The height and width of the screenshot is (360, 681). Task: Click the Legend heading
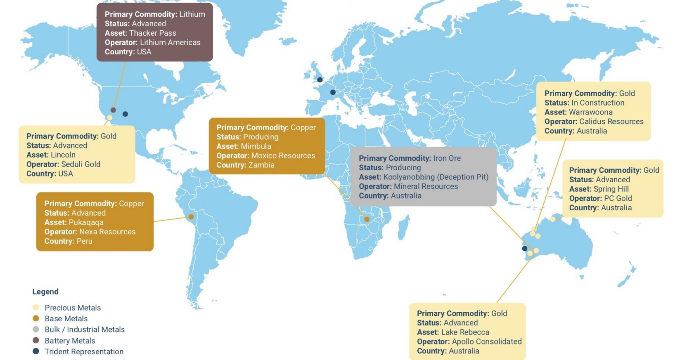pyautogui.click(x=45, y=292)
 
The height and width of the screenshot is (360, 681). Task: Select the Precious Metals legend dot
pyautogui.click(x=36, y=307)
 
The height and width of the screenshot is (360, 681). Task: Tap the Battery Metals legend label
pyautogui.click(x=70, y=341)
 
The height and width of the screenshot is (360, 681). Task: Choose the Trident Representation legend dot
pyautogui.click(x=36, y=352)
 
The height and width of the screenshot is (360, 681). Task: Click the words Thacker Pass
pyautogui.click(x=152, y=33)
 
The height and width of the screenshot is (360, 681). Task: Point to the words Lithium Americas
pyautogui.click(x=170, y=42)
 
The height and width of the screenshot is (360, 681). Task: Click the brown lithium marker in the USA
pyautogui.click(x=113, y=110)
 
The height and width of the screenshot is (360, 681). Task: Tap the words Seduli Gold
pyautogui.click(x=81, y=164)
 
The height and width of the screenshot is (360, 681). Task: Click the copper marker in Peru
pyautogui.click(x=191, y=217)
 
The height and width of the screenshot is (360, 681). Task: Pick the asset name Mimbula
pyautogui.click(x=256, y=146)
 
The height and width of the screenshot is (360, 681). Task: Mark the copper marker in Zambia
pyautogui.click(x=367, y=219)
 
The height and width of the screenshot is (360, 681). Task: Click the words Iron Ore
pyautogui.click(x=447, y=158)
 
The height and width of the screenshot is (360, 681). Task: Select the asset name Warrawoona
pyautogui.click(x=591, y=112)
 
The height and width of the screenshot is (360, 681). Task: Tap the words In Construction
pyautogui.click(x=598, y=103)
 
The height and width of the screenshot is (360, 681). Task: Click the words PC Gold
pyautogui.click(x=618, y=198)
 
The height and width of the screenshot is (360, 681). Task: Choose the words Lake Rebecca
pyautogui.click(x=465, y=332)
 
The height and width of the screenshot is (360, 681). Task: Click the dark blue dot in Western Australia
pyautogui.click(x=525, y=249)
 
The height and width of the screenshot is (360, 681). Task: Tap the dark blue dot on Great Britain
pyautogui.click(x=320, y=80)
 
